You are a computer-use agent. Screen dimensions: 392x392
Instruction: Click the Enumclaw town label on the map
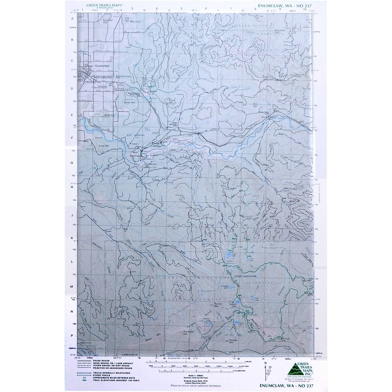pos(96,66)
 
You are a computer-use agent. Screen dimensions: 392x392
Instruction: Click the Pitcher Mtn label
pos(219,304)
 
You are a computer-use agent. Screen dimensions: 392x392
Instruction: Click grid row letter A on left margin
pos(72,18)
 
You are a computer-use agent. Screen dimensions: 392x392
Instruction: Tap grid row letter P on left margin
pos(72,336)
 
